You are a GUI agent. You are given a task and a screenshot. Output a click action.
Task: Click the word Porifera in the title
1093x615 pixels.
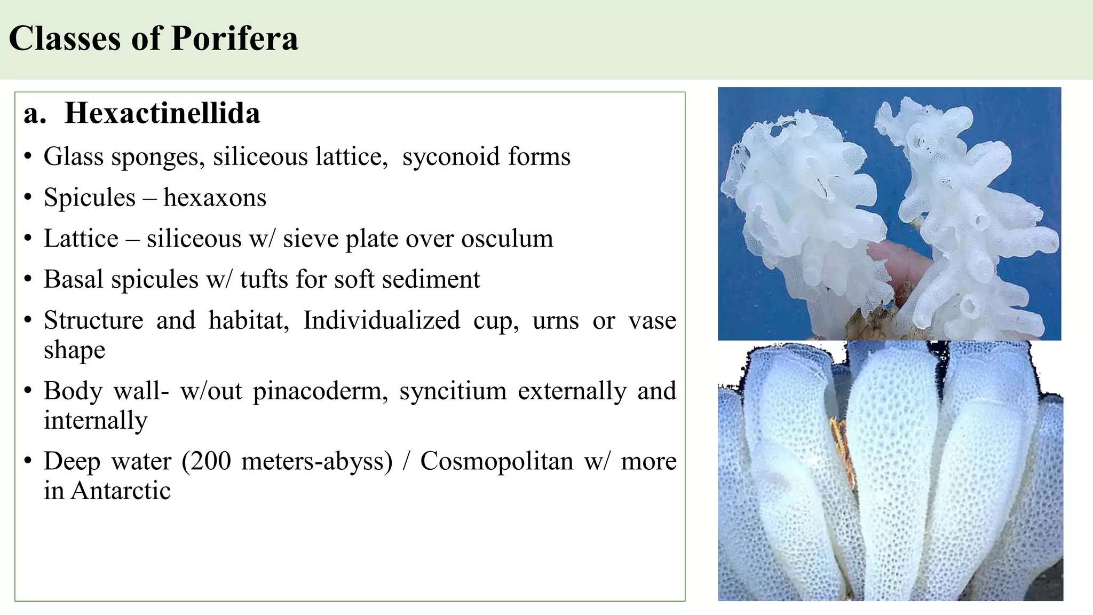(x=235, y=38)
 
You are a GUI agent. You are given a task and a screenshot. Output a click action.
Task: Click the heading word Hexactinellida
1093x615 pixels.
(x=162, y=113)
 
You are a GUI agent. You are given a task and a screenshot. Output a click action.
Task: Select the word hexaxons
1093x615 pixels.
(x=215, y=198)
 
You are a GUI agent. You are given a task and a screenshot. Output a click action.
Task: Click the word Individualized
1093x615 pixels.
(x=381, y=320)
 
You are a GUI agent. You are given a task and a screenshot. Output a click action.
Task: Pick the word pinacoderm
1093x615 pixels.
(x=320, y=391)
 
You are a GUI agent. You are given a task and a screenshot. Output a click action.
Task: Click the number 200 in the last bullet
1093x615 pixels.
(x=210, y=461)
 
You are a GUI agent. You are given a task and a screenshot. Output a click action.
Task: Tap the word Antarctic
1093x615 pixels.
(x=121, y=491)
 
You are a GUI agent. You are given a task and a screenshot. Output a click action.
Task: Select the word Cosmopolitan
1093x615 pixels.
(x=496, y=461)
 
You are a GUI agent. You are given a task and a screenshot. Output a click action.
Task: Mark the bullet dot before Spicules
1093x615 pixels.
(x=28, y=198)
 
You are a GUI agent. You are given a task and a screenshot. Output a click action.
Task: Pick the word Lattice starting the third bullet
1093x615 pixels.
(x=81, y=239)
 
